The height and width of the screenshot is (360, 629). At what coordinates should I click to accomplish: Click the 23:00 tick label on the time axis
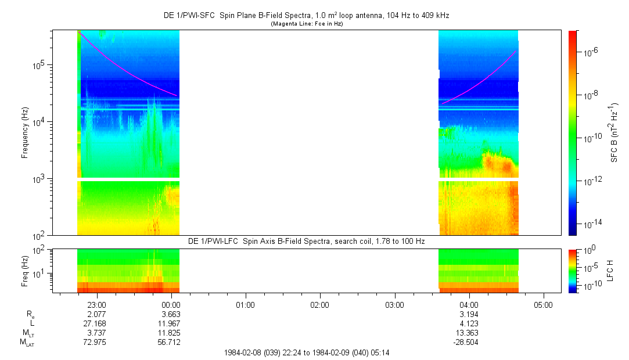click(x=96, y=304)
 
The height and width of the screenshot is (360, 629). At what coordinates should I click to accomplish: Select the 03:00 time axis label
click(x=394, y=304)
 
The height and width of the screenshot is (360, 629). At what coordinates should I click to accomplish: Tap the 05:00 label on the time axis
click(x=544, y=304)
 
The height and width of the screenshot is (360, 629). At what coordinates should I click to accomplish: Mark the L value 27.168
click(x=96, y=323)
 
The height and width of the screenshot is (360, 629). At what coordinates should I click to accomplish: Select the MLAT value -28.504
click(x=469, y=343)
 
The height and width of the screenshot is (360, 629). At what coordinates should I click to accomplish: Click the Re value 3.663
click(x=171, y=314)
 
